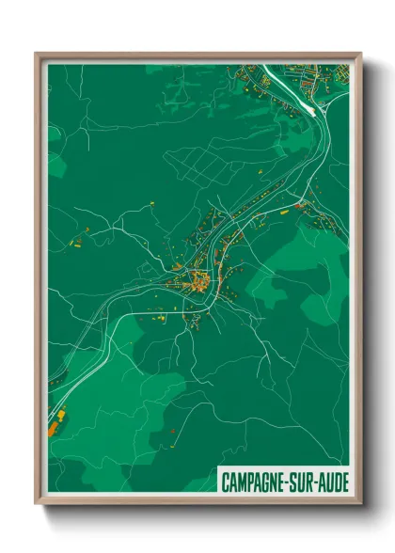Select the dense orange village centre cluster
point(198,280)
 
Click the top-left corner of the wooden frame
point(38,55)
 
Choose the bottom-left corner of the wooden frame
point(38,505)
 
